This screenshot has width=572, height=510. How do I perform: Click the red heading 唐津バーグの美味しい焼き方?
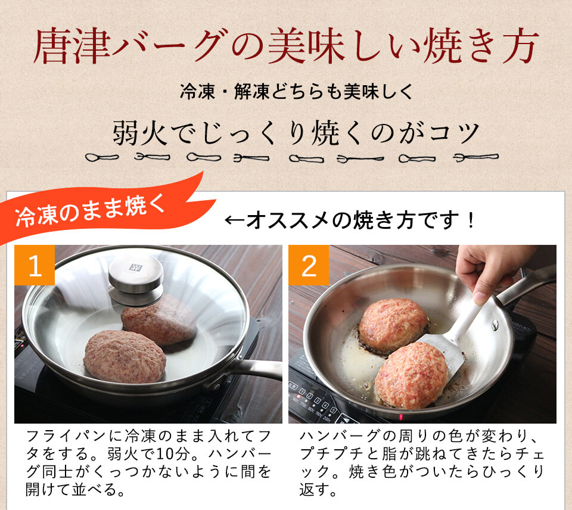[x=286, y=46]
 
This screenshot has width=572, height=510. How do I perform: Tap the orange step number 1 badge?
[x=35, y=266]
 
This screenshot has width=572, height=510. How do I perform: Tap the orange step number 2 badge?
[x=309, y=266]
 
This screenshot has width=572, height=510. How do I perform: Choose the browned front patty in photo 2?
[x=411, y=375]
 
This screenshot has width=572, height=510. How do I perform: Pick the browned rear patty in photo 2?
[x=393, y=325]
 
